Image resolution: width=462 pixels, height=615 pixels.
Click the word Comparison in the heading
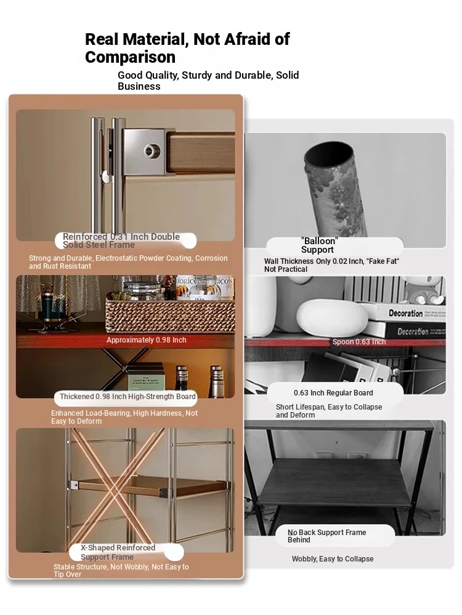tap(130, 57)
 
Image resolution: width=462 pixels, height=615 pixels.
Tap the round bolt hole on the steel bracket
tap(150, 150)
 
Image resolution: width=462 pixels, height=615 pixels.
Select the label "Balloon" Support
tap(318, 245)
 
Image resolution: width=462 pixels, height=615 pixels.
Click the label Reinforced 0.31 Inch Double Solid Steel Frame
tap(121, 240)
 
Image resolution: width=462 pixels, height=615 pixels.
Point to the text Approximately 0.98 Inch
tap(146, 340)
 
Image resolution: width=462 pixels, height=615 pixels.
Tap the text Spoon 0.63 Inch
tap(359, 341)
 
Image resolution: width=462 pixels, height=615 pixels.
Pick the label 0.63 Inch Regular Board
tap(333, 392)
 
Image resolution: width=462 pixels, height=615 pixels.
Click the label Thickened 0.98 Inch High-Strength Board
tap(128, 397)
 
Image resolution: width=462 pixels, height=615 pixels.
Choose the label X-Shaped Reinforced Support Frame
tap(118, 552)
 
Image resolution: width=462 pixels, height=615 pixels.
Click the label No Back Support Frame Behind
tap(326, 536)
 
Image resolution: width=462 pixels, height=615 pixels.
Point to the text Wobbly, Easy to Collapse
tap(333, 559)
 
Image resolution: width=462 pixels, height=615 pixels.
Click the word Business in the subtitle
tap(139, 86)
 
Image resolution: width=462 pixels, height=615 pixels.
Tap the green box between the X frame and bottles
tap(146, 376)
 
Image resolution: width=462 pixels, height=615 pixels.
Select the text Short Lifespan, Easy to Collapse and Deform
tap(329, 411)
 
